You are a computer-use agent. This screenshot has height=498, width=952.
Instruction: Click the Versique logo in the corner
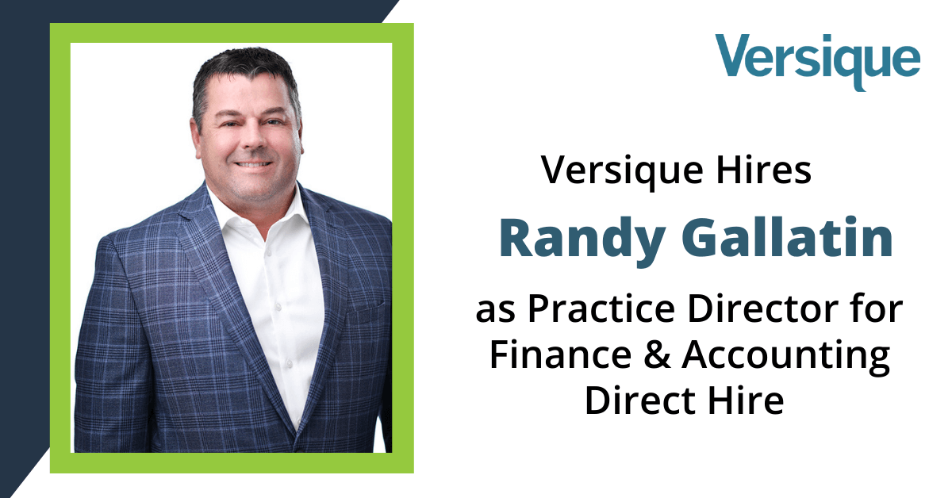(818, 62)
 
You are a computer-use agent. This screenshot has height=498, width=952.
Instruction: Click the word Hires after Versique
(764, 170)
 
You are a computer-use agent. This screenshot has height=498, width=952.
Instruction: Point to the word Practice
(601, 308)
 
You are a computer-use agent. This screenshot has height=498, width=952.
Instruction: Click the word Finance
(561, 354)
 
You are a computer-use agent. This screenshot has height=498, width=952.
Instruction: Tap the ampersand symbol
(657, 354)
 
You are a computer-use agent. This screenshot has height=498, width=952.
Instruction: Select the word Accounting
(786, 358)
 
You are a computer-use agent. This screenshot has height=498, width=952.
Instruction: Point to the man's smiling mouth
(253, 164)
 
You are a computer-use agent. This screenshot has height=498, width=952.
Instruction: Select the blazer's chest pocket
(367, 308)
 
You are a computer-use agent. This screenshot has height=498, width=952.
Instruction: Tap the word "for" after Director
(877, 308)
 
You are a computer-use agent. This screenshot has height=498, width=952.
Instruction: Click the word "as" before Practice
(496, 312)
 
